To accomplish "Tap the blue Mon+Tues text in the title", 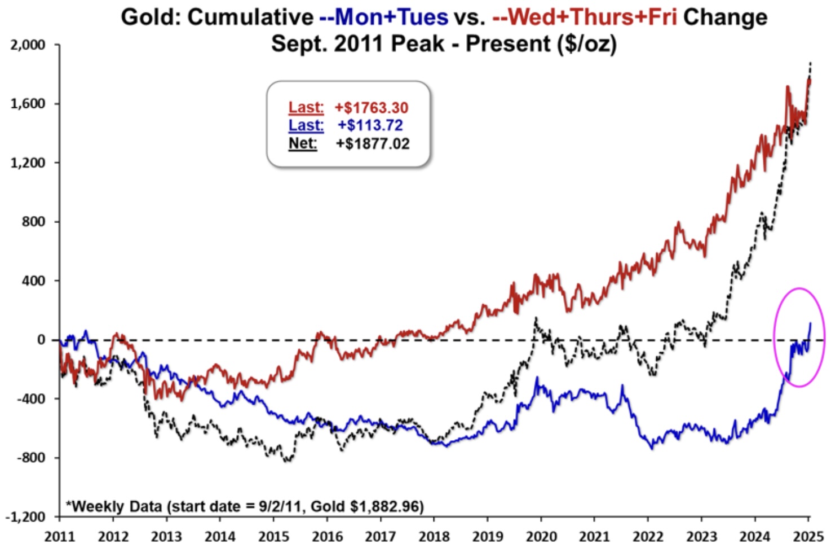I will tap(391, 17).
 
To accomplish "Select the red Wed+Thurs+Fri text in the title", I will tap(591, 17).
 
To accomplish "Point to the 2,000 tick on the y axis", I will tap(28, 45).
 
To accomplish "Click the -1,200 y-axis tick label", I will tap(25, 517).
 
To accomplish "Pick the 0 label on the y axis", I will tap(41, 340).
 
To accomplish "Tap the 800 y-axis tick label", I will tap(33, 222).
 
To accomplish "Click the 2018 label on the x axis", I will tap(434, 536).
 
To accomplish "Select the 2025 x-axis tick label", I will tap(808, 536).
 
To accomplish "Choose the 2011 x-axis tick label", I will tap(60, 536).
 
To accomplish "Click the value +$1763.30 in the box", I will tap(371, 108).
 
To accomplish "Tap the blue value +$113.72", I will tap(370, 125).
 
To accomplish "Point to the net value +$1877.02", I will tap(373, 143).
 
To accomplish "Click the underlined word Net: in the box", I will tap(303, 143).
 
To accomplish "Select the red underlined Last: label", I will tap(306, 107).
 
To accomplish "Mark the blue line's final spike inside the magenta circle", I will tap(810, 324).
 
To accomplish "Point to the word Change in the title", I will tap(725, 17).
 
